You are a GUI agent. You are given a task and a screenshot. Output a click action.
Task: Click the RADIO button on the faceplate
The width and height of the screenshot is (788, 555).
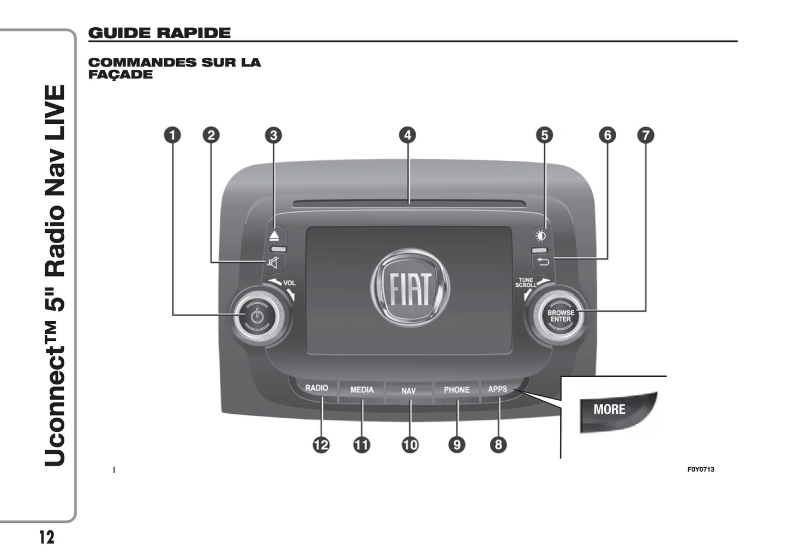[x=316, y=388]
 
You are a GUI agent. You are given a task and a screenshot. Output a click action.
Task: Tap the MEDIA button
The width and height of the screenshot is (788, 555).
[x=362, y=390]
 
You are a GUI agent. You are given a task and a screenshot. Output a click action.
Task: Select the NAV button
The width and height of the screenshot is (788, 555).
[x=408, y=391]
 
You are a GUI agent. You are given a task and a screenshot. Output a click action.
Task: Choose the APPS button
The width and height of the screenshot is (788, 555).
[x=497, y=389]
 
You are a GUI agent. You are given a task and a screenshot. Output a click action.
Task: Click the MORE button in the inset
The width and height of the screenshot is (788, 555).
[x=610, y=409]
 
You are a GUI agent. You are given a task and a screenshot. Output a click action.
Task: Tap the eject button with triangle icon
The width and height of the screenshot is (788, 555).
[x=274, y=236]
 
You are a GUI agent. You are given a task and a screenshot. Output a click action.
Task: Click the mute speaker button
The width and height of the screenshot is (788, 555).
[x=273, y=263]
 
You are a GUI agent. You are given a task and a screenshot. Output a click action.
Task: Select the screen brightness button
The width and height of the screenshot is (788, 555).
[x=541, y=236]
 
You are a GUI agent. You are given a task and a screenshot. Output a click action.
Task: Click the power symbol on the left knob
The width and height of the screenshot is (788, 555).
[x=258, y=316]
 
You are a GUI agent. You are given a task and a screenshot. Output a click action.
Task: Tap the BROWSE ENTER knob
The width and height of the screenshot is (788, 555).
[x=560, y=316]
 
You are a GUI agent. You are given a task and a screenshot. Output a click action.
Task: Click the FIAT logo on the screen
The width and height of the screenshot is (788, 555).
[x=410, y=287]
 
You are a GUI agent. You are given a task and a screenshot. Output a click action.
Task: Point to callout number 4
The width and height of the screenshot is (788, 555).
[x=407, y=135]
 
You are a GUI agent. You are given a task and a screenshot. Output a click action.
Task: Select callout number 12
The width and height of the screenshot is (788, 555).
[x=321, y=445]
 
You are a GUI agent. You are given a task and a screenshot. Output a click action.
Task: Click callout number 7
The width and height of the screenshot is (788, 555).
[x=646, y=135]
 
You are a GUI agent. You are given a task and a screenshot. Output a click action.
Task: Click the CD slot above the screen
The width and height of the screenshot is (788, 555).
[x=409, y=204]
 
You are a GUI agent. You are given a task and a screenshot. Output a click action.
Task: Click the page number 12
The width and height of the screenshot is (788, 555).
[x=47, y=538]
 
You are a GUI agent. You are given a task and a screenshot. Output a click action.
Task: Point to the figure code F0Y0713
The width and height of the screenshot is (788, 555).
[x=701, y=469]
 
